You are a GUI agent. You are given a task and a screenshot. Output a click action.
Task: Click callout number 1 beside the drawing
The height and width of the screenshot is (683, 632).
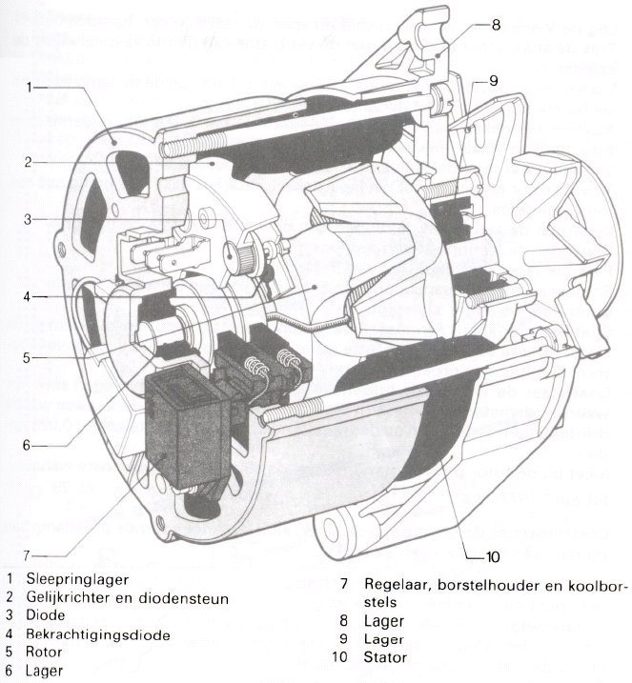coord(31,86)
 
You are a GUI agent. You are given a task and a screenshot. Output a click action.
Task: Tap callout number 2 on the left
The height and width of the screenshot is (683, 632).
coord(31,161)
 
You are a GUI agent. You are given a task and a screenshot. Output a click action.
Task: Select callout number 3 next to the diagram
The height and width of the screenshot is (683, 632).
coord(31,219)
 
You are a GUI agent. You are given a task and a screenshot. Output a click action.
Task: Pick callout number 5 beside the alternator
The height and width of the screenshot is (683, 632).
coord(31,358)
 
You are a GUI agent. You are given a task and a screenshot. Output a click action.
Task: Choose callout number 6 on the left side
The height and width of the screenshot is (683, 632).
coord(31,444)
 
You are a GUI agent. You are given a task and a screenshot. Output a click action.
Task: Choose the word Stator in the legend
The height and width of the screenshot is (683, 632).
coord(385,657)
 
